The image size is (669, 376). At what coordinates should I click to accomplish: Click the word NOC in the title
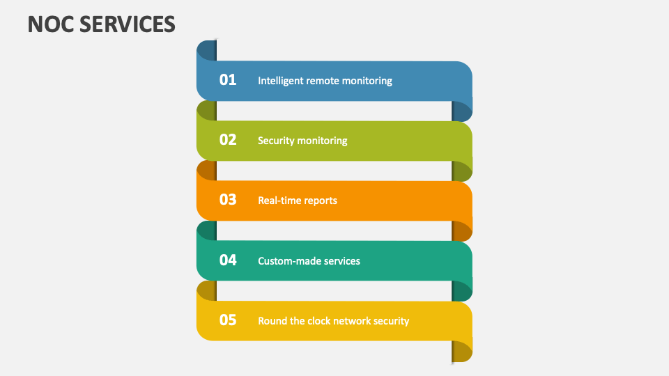[50, 24]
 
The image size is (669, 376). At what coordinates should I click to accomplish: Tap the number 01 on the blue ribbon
[228, 79]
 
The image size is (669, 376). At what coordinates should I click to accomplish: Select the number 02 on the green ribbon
[228, 139]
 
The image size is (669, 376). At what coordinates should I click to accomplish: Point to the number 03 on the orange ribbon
[228, 199]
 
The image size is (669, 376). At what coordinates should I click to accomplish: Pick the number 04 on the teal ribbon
[228, 260]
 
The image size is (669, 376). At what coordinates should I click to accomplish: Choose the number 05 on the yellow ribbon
[228, 320]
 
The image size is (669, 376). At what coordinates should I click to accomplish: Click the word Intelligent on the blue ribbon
[280, 81]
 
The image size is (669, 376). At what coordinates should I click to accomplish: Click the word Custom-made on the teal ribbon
[288, 261]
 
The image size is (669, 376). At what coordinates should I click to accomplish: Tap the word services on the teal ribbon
[341, 261]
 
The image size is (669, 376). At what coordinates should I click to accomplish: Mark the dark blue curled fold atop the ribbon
[207, 50]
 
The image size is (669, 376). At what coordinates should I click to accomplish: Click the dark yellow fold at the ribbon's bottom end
[462, 352]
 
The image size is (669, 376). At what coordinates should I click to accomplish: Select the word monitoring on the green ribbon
[323, 141]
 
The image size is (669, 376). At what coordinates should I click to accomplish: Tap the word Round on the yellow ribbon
[272, 321]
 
